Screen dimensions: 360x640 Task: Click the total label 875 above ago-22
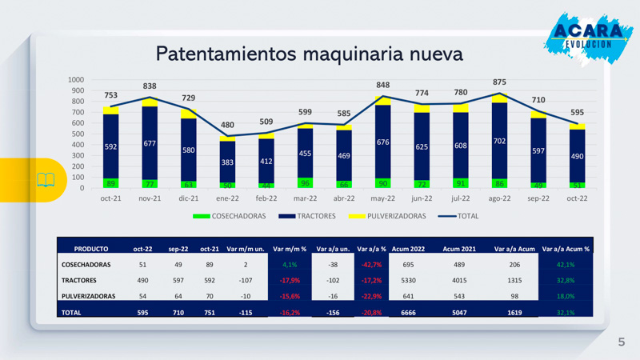tap(499, 82)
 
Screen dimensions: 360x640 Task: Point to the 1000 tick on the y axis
tap(76, 80)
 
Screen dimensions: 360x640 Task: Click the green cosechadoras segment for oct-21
tap(111, 183)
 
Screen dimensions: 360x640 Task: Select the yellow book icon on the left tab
tap(45, 180)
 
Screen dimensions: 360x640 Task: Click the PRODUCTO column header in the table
tap(90, 249)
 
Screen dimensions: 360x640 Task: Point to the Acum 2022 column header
tap(418, 249)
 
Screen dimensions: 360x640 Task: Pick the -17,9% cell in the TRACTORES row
tap(290, 280)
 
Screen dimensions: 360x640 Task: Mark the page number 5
tap(621, 342)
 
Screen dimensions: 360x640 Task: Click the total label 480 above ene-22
tap(227, 125)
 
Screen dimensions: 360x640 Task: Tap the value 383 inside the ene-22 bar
tap(227, 162)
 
